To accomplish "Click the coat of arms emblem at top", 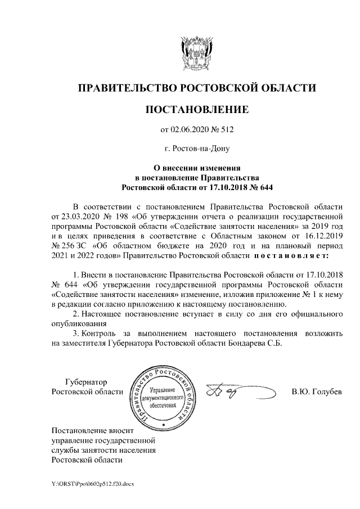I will click(197, 54).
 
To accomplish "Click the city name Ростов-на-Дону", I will click(197, 149).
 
